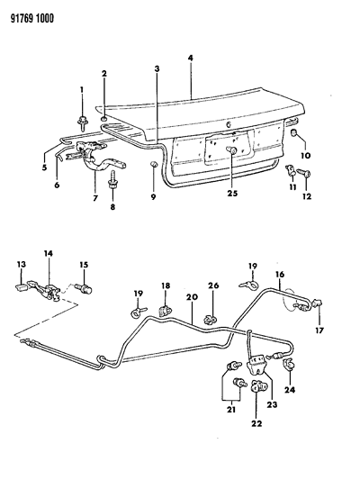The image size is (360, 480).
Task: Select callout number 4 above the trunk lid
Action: (190, 59)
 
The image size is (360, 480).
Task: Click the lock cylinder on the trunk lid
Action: (231, 150)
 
